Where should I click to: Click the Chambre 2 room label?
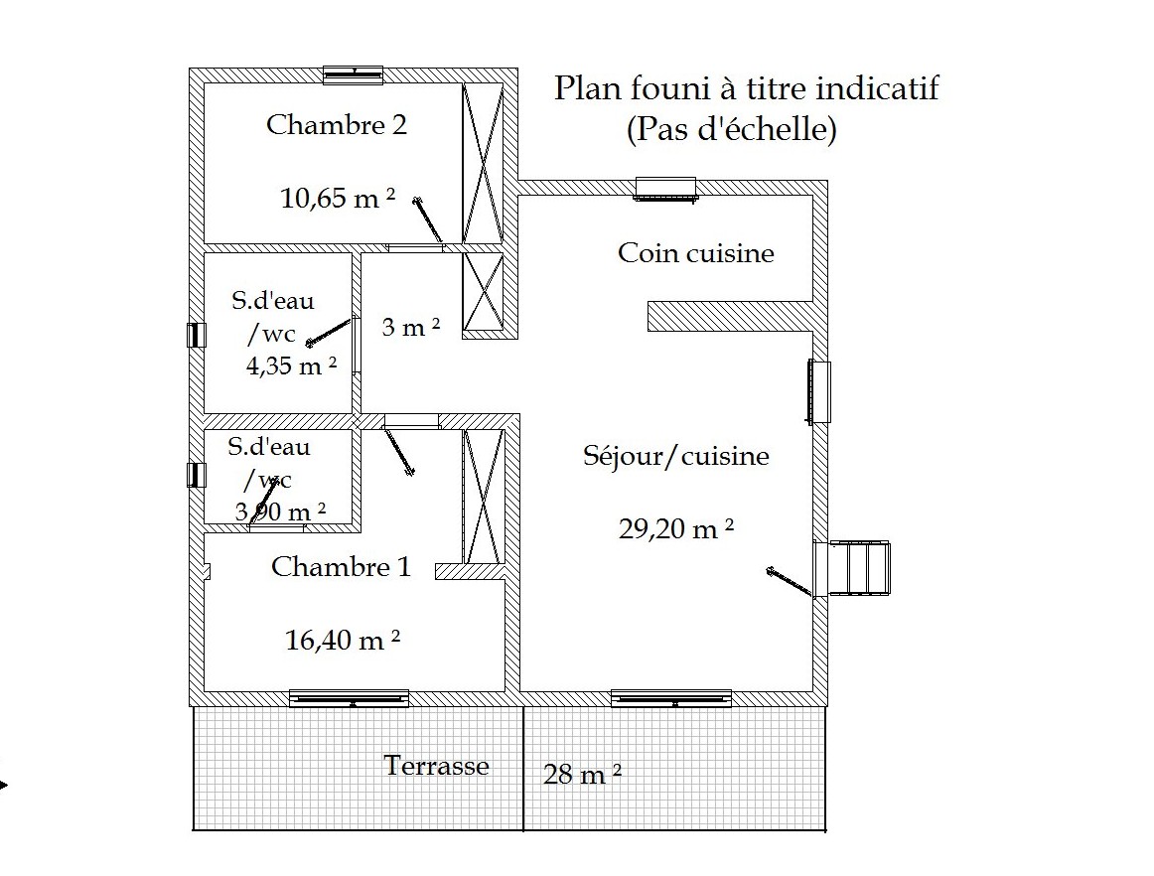[337, 124]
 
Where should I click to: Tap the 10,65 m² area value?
[338, 198]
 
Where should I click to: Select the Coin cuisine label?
[695, 252]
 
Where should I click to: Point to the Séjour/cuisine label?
[675, 456]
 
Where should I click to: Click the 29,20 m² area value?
[675, 527]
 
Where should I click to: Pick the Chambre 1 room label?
[341, 566]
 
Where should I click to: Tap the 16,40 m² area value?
[343, 639]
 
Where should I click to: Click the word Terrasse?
[436, 765]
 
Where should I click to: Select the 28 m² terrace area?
[582, 774]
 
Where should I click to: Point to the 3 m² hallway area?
[411, 326]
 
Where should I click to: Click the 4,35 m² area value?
[291, 365]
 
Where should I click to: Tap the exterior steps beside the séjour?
[859, 567]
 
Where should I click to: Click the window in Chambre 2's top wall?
[354, 74]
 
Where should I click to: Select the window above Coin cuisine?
[665, 188]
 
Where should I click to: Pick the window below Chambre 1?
[349, 698]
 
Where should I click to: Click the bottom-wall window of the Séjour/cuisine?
[671, 698]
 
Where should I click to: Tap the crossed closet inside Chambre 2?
[483, 163]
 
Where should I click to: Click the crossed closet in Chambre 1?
[483, 497]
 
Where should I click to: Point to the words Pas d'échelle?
[732, 129]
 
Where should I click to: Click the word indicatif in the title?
[877, 88]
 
